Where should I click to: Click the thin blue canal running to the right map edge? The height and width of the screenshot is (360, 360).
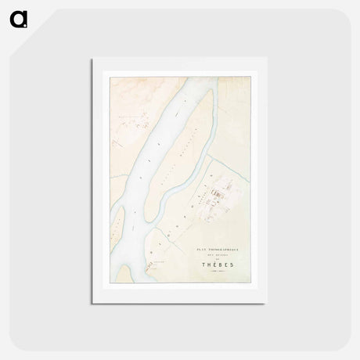[235, 171]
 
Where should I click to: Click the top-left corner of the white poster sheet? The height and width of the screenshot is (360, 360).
[92, 59]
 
